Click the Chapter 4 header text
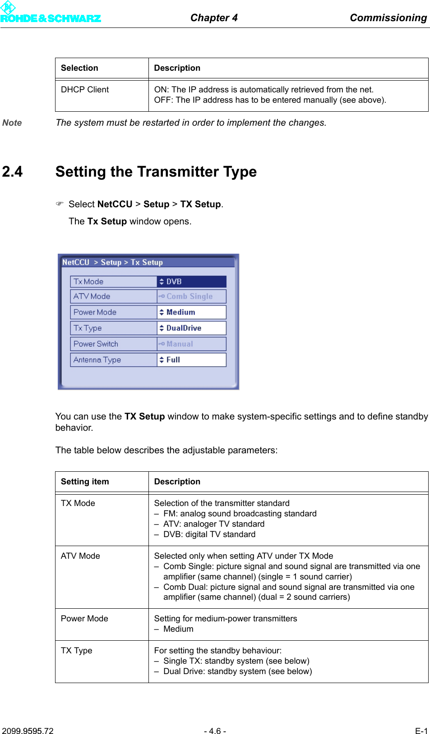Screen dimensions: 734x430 click(x=214, y=18)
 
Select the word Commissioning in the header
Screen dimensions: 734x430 click(x=388, y=18)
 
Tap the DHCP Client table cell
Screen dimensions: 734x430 click(x=85, y=90)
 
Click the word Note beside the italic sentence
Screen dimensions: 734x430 click(x=12, y=123)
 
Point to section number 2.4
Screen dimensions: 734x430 click(x=12, y=172)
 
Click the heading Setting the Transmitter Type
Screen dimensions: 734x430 click(x=156, y=172)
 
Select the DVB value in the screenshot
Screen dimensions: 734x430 click(x=191, y=282)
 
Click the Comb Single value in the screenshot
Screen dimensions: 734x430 click(x=191, y=296)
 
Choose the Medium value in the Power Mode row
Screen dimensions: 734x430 click(x=191, y=312)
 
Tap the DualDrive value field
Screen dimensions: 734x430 click(x=191, y=328)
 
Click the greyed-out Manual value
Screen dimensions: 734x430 click(x=191, y=344)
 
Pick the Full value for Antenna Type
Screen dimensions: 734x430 click(x=191, y=360)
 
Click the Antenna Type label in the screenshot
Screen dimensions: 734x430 click(x=97, y=360)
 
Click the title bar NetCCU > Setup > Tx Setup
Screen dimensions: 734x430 click(x=113, y=262)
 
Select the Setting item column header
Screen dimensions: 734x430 click(x=85, y=482)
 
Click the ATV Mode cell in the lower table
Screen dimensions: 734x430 click(x=80, y=556)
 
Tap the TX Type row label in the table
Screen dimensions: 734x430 click(x=77, y=651)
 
